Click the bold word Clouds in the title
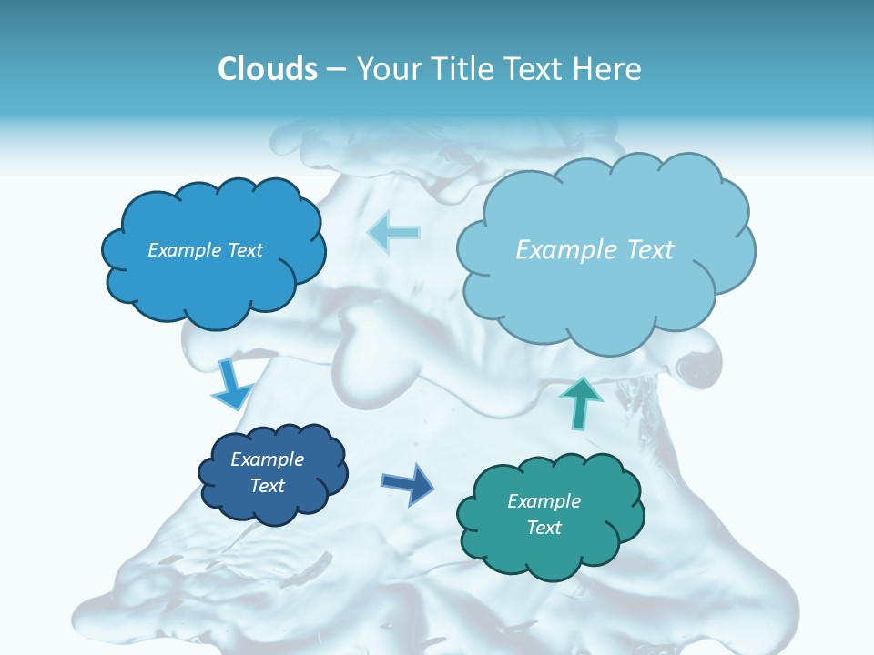click(x=268, y=69)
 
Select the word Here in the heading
click(x=608, y=69)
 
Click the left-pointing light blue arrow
click(x=394, y=232)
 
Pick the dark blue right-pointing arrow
click(x=408, y=483)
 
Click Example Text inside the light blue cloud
click(x=595, y=250)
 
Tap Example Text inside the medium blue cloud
click(x=205, y=250)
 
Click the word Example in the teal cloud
click(x=544, y=501)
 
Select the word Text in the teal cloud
click(x=544, y=528)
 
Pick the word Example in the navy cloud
click(x=267, y=459)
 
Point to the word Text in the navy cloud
click(x=267, y=486)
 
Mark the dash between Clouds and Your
click(x=336, y=70)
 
